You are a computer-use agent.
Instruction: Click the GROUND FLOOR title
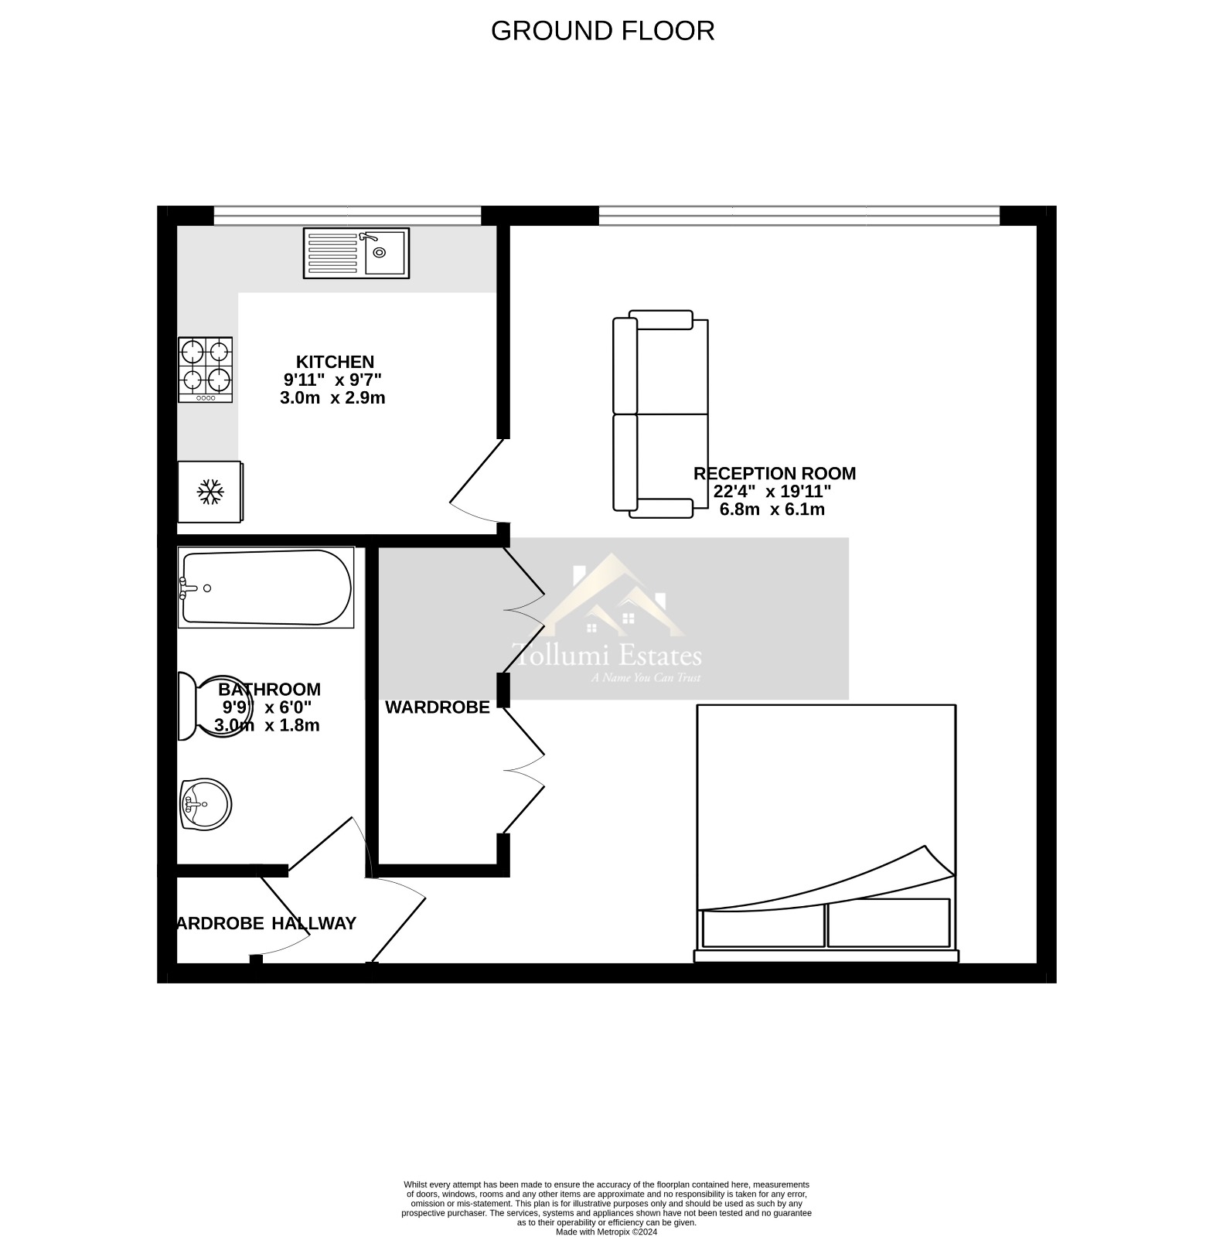[x=602, y=31]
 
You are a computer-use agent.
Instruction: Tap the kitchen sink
[x=356, y=253]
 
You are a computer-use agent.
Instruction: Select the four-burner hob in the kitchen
[x=206, y=369]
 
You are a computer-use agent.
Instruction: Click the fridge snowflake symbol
[x=210, y=492]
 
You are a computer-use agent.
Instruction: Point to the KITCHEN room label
[x=335, y=362]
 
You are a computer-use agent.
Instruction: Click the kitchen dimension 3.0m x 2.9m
[x=332, y=398]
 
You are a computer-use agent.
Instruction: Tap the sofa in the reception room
[x=660, y=414]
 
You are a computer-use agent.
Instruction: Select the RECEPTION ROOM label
[x=774, y=473]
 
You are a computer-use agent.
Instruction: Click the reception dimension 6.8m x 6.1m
[x=772, y=509]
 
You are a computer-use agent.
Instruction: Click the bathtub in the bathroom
[x=266, y=588]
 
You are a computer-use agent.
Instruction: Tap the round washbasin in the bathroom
[x=205, y=804]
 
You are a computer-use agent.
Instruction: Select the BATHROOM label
[x=269, y=689]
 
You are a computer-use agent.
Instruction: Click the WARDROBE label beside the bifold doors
[x=437, y=707]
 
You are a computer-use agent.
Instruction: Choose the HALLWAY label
[x=314, y=923]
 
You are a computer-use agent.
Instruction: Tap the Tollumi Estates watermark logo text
[x=608, y=656]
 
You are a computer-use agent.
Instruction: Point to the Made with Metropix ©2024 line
[x=606, y=1232]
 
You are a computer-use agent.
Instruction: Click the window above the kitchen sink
[x=347, y=216]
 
